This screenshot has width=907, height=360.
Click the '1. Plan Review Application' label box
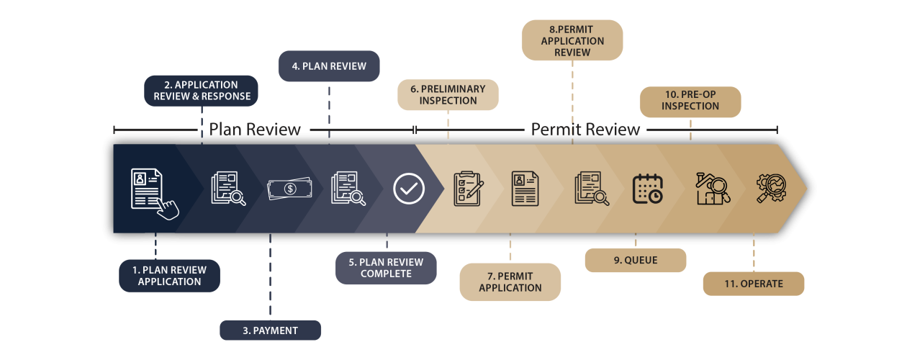coord(169,276)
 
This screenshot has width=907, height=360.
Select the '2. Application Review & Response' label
coord(202,91)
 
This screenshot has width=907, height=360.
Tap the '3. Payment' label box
coord(270,330)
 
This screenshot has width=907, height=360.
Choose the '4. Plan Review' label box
coord(329,66)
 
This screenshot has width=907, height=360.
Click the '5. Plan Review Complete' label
coord(386,268)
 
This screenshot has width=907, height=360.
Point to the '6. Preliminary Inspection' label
coord(448,95)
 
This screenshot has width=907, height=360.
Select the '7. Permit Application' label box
coord(510,282)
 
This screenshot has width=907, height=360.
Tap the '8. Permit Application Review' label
coord(572,40)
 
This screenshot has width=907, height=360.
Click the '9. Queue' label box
coord(636,260)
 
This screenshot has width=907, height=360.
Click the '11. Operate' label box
coord(754,284)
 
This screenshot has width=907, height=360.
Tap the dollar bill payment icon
coord(289,189)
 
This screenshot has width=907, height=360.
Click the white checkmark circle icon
coord(409,189)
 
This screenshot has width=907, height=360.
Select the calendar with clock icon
coord(647,189)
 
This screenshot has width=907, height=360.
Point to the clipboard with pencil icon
coord(469,189)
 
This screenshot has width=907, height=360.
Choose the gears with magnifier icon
coord(772,189)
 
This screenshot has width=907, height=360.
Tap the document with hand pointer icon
coord(155,194)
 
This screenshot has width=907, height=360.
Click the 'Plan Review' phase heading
coord(255,130)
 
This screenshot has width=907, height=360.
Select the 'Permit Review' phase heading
coord(585,130)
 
